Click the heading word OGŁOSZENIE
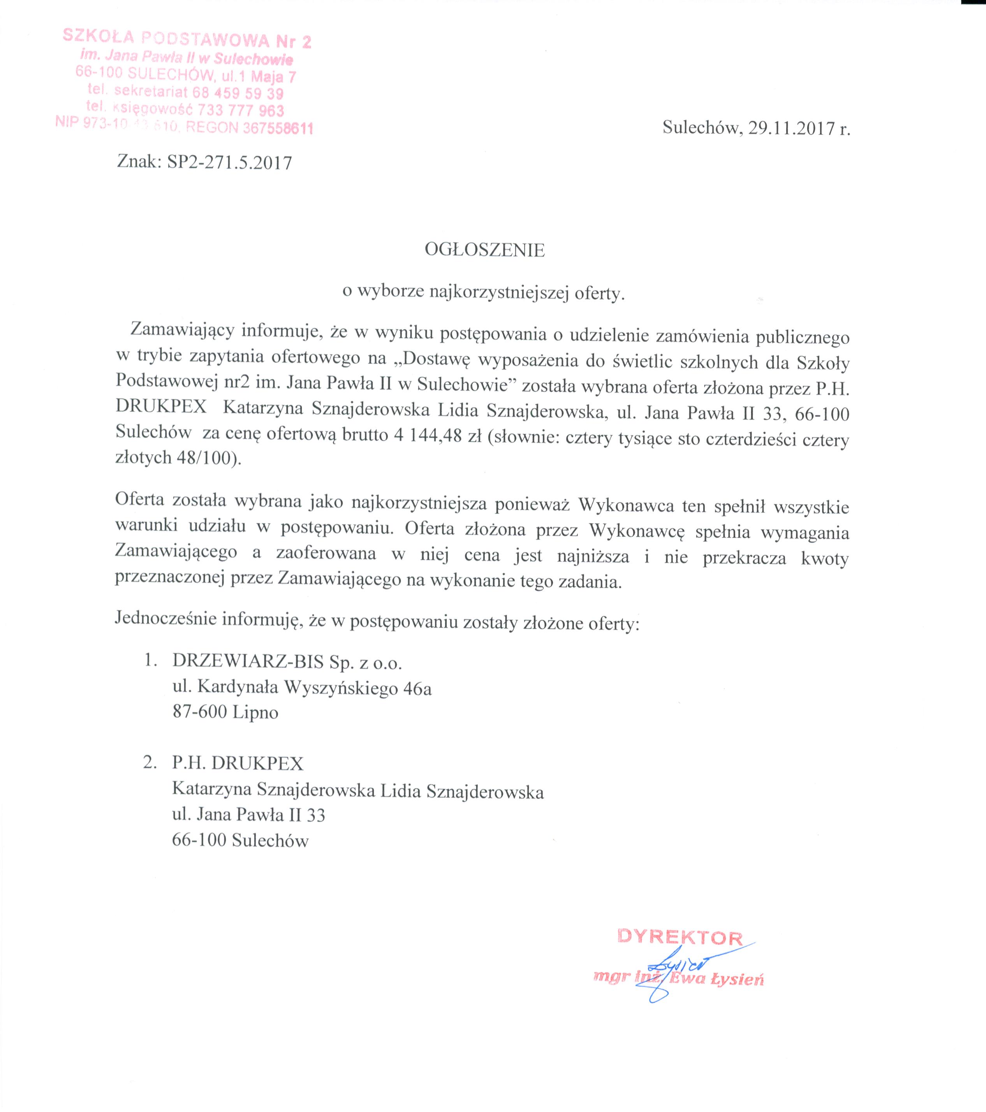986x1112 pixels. tap(484, 250)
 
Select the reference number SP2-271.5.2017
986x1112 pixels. tap(229, 163)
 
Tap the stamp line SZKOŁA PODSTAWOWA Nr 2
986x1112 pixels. tap(187, 39)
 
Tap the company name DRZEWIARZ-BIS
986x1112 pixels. tap(248, 662)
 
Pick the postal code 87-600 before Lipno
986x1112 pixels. tap(200, 712)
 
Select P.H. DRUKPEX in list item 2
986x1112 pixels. tap(238, 764)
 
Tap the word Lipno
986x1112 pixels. tap(255, 712)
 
